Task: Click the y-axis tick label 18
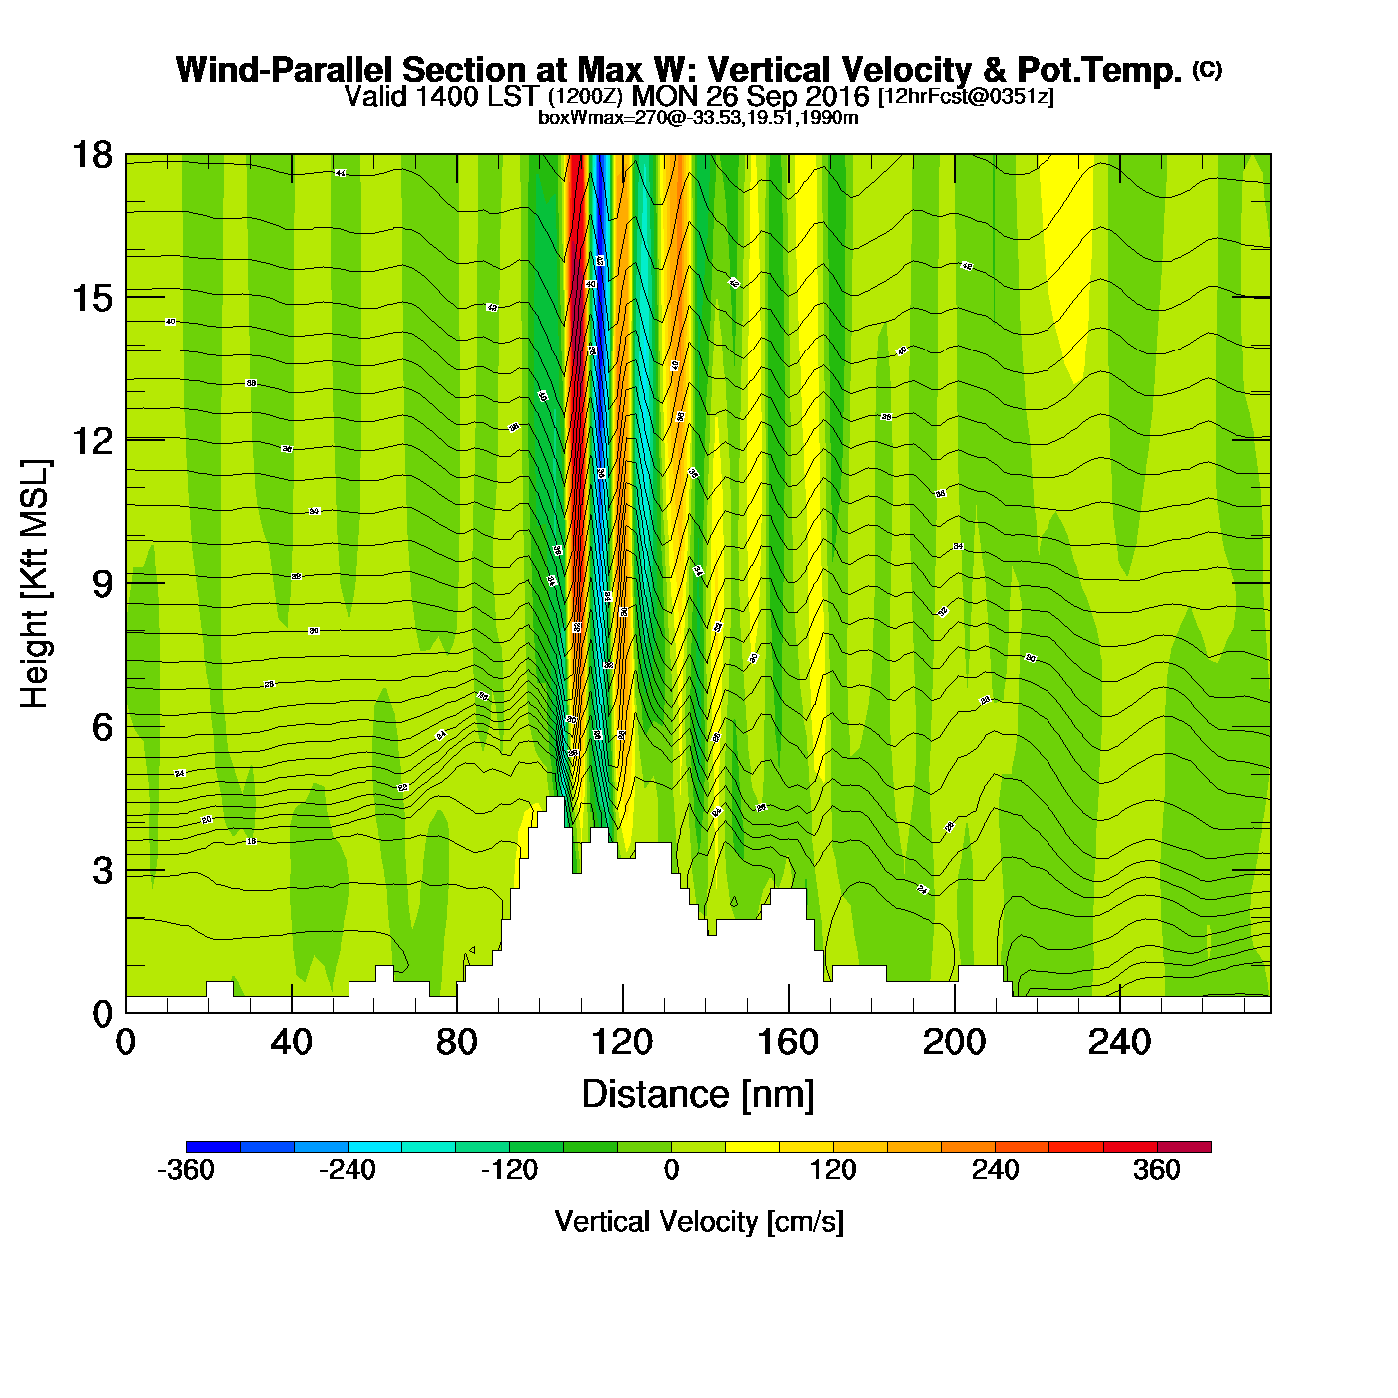tap(91, 155)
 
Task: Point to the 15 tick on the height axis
tap(91, 298)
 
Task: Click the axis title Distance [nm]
tap(698, 1095)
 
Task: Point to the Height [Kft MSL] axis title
tap(35, 584)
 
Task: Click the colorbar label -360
tap(186, 1170)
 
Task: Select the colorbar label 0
tap(671, 1170)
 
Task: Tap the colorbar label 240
tap(995, 1170)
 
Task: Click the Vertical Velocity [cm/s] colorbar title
tap(699, 1221)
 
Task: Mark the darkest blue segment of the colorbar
tap(213, 1147)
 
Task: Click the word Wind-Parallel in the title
tap(285, 70)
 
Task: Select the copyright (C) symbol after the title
tap(1207, 69)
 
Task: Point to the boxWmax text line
tap(698, 117)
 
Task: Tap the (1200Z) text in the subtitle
tap(585, 97)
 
